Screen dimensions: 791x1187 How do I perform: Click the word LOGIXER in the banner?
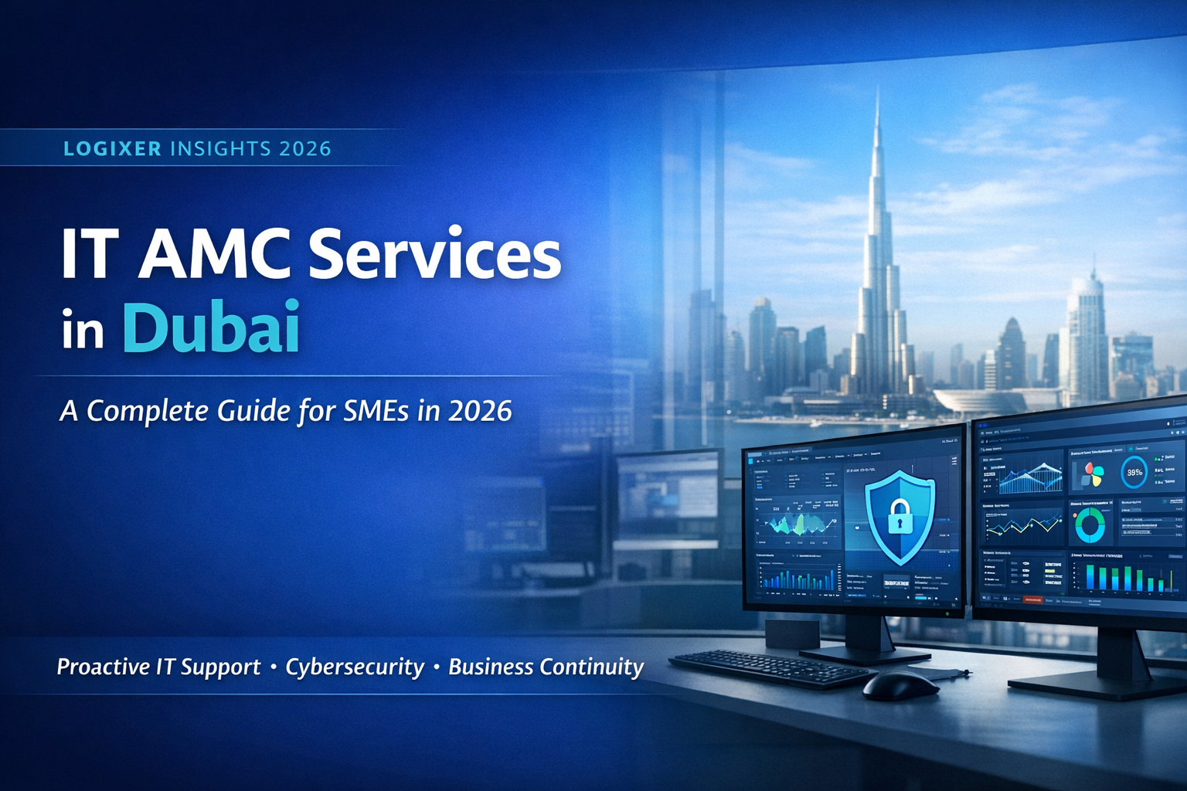click(112, 148)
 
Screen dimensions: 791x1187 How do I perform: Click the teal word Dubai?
click(211, 328)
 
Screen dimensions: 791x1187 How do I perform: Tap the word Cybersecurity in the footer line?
click(355, 667)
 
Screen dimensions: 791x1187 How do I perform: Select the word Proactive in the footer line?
click(103, 667)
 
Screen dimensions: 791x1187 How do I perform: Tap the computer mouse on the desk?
click(899, 684)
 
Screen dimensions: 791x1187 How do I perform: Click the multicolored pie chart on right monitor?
click(1091, 474)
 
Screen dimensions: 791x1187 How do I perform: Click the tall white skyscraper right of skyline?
click(1086, 332)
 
